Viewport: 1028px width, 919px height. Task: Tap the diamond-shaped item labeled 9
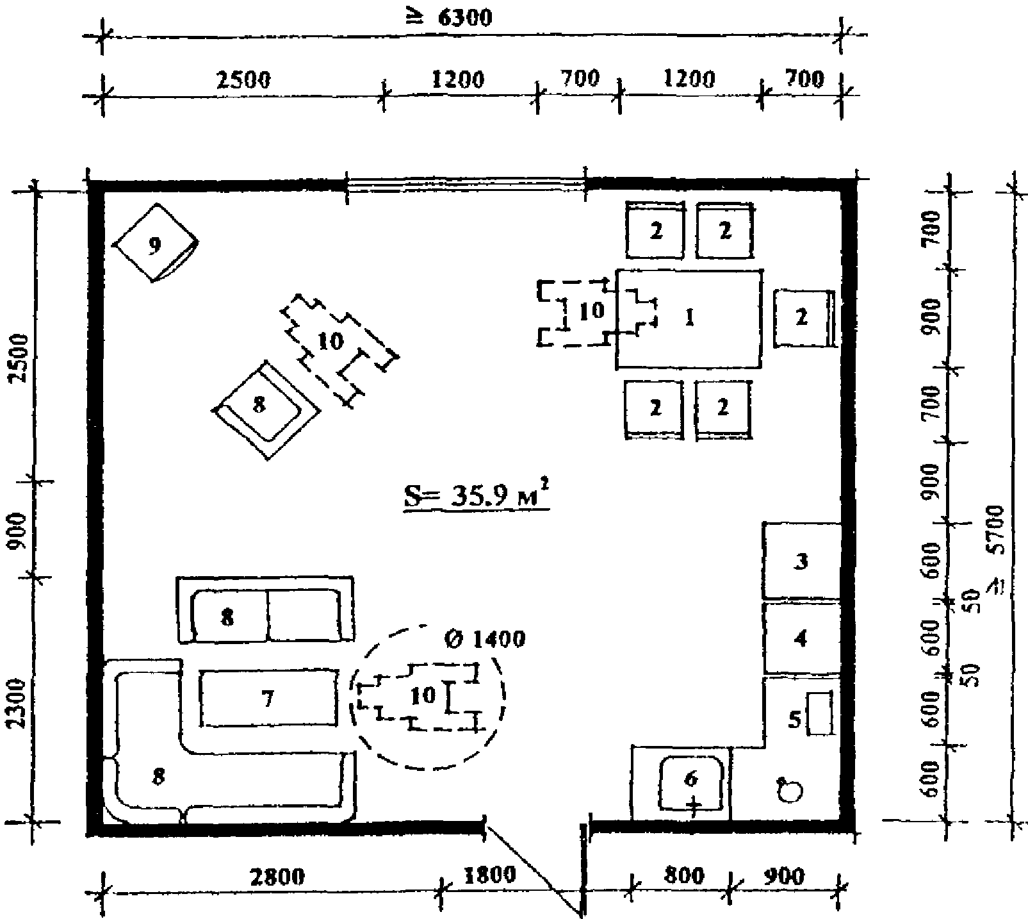(x=154, y=243)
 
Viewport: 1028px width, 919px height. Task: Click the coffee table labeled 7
(x=269, y=699)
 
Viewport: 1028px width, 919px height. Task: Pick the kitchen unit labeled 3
(x=801, y=561)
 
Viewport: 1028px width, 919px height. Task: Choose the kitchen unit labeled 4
(x=801, y=638)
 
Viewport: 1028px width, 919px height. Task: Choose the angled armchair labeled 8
(x=266, y=409)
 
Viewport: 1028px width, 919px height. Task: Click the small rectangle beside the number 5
(x=819, y=713)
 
